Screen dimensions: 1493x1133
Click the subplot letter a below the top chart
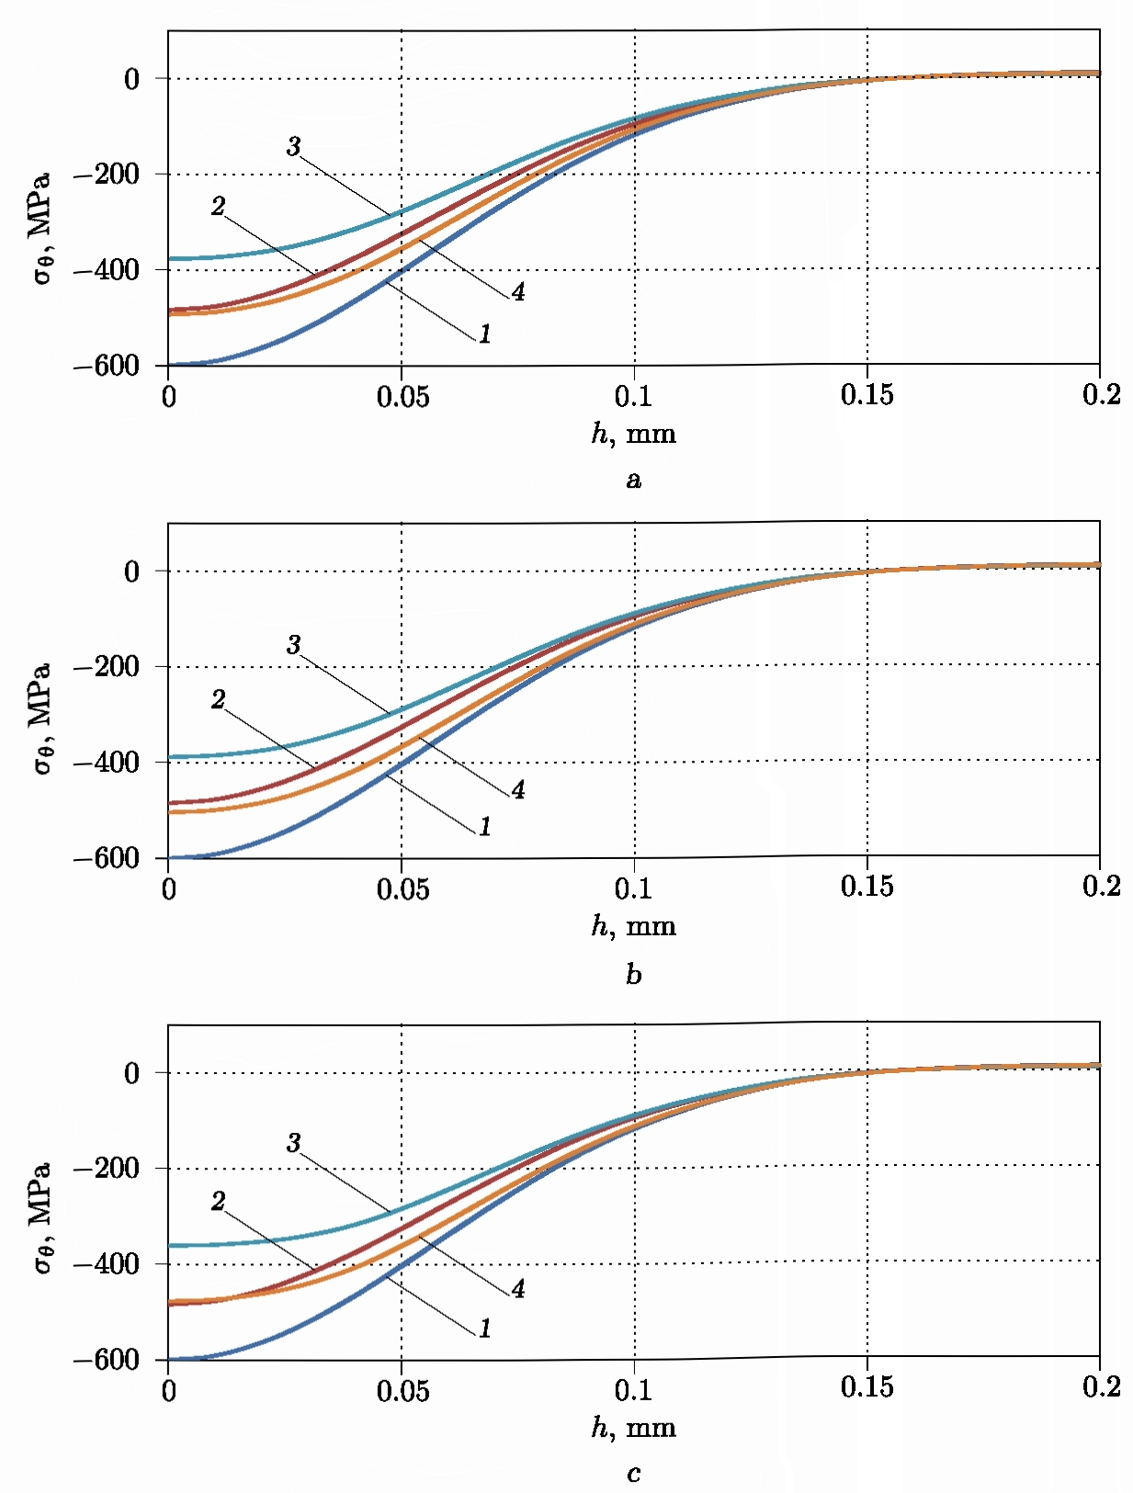pos(633,480)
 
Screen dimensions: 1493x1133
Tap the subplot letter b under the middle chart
pos(633,974)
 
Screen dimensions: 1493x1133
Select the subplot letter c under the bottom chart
pos(633,1474)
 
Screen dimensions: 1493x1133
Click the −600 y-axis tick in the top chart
pos(107,366)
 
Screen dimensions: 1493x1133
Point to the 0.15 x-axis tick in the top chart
pos(867,395)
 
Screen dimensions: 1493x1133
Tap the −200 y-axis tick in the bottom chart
pos(107,1169)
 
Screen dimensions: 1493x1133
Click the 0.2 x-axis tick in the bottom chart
pos(1101,1386)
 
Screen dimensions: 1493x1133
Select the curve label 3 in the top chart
pos(293,146)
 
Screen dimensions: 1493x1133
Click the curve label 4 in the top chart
pos(518,292)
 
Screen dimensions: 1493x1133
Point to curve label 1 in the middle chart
pos(484,827)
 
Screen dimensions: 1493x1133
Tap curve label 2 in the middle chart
pos(218,700)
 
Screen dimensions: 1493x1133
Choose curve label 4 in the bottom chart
pos(518,1289)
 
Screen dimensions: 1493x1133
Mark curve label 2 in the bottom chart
pos(218,1201)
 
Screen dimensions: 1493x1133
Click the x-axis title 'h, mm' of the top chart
pos(633,433)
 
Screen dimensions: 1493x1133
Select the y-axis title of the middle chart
pos(40,718)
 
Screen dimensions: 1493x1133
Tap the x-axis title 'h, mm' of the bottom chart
pos(633,1427)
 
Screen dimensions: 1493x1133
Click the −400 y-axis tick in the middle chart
pos(107,762)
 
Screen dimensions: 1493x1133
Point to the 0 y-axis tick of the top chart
pos(132,79)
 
